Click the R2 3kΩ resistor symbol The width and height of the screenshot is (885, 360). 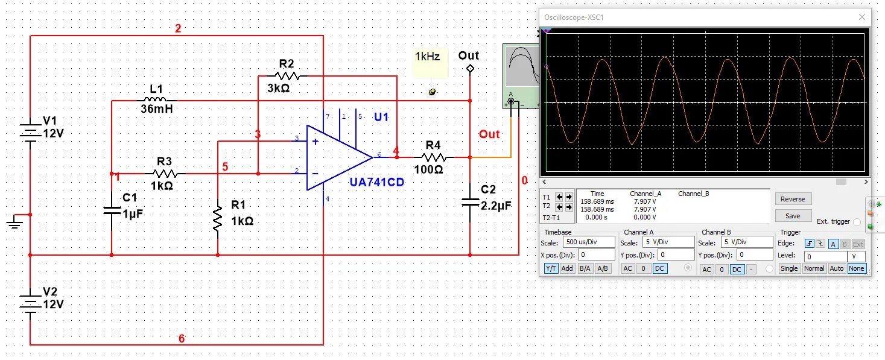click(x=287, y=76)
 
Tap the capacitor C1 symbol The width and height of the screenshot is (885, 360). click(x=112, y=210)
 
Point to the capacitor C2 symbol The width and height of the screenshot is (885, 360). click(x=470, y=201)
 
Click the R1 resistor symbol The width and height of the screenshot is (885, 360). click(x=218, y=218)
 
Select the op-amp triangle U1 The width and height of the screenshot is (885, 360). click(x=335, y=157)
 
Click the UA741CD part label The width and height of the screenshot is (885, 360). click(x=376, y=182)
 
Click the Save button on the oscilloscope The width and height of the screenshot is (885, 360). click(x=793, y=216)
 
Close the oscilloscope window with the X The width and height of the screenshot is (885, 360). click(x=861, y=17)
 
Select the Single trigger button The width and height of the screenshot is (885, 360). click(x=789, y=268)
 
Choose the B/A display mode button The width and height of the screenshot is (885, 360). click(x=585, y=268)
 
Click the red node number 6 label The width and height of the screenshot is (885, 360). click(x=182, y=339)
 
